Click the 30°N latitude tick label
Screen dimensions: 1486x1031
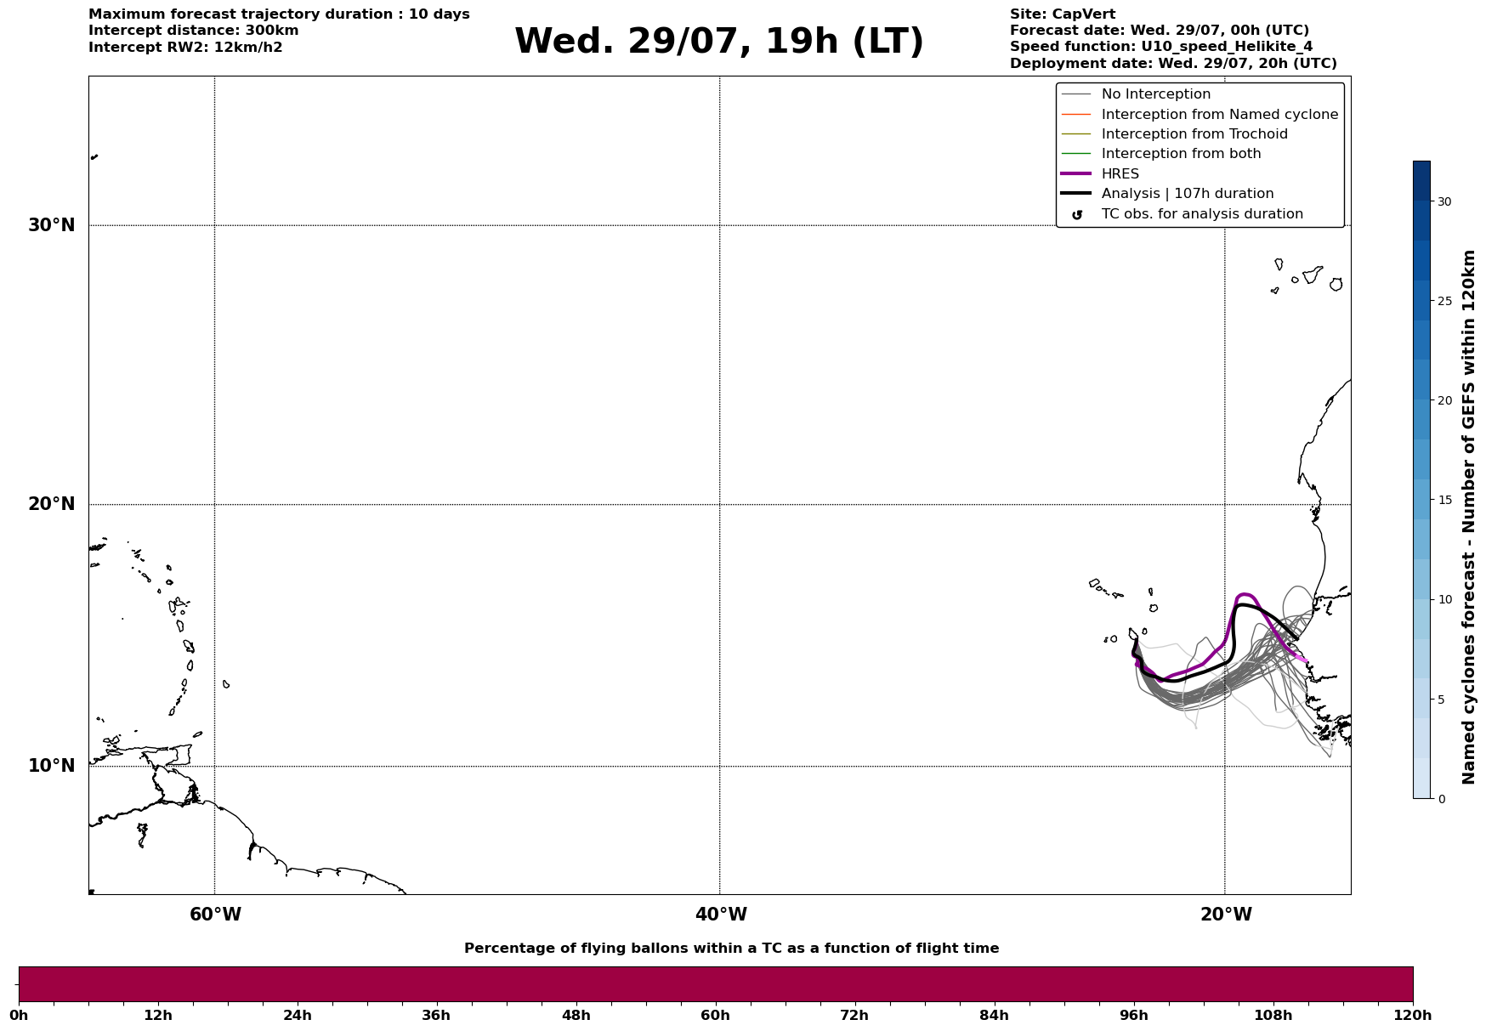[x=52, y=225]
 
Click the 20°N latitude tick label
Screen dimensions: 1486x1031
[x=52, y=504]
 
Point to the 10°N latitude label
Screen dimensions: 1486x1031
[x=52, y=766]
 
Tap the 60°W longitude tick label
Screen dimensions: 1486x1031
[x=215, y=915]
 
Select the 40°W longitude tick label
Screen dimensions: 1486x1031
[x=721, y=915]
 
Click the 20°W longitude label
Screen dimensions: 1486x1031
[x=1226, y=915]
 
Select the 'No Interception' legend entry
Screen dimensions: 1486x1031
[x=1137, y=94]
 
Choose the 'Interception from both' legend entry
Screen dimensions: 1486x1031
[x=1161, y=154]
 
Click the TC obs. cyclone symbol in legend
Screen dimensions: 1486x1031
[x=1077, y=215]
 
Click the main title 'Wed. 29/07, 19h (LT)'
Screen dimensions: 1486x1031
[x=719, y=42]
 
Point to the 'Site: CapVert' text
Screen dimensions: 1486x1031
[x=1063, y=14]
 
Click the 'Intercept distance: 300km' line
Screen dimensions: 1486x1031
[x=194, y=31]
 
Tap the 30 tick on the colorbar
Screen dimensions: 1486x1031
[x=1444, y=201]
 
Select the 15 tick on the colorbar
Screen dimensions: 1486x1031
[x=1444, y=500]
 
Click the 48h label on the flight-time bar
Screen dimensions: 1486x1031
[x=576, y=1016]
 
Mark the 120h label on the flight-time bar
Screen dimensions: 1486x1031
[x=1413, y=1016]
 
